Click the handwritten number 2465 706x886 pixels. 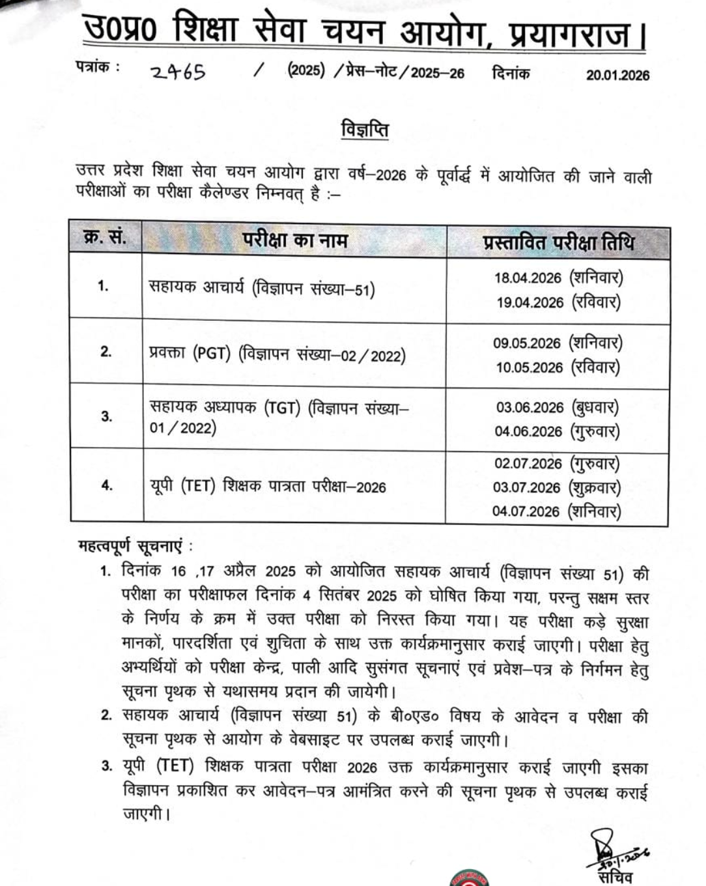point(178,72)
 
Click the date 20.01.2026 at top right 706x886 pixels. point(617,75)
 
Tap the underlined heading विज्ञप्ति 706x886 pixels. point(365,130)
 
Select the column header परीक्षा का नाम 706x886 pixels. point(294,240)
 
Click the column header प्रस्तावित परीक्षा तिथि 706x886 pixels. point(558,242)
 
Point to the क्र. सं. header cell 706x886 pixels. point(105,238)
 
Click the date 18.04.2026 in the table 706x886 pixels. point(528,278)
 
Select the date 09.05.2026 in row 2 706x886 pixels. point(527,343)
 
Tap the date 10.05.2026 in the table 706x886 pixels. point(529,367)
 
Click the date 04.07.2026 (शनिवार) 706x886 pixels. point(556,511)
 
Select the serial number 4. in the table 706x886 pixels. point(107,485)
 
